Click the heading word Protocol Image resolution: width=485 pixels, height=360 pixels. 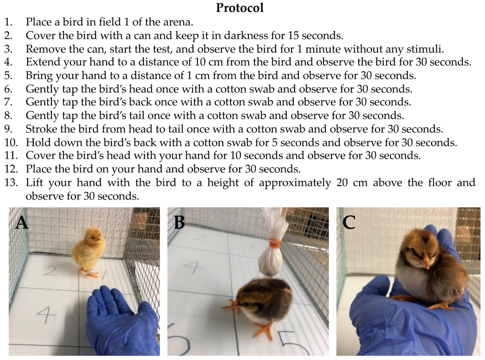click(240, 8)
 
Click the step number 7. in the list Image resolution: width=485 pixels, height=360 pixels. click(9, 102)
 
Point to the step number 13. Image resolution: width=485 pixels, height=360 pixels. click(11, 183)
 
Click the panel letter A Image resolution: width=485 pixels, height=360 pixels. click(22, 222)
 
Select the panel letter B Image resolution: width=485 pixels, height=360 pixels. click(180, 222)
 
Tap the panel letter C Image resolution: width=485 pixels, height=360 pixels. click(349, 222)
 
